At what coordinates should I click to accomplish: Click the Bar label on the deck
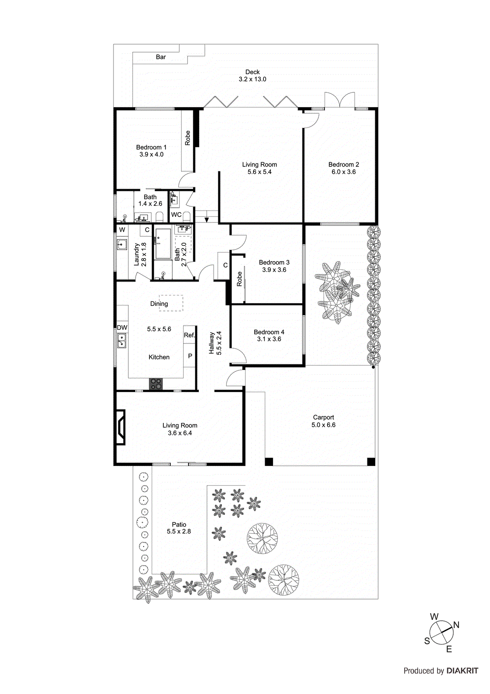point(161,57)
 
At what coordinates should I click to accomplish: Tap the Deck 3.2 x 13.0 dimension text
point(252,79)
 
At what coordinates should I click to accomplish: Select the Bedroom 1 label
point(151,147)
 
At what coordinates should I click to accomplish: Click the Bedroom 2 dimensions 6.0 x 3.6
point(344,172)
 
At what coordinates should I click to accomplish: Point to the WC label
point(176,215)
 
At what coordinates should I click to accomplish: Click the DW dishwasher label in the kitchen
point(122,327)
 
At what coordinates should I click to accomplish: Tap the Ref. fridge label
point(189,335)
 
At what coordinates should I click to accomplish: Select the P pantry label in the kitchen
point(190,356)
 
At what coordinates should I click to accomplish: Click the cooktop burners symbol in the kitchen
point(156,384)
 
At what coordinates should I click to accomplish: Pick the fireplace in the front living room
point(120,427)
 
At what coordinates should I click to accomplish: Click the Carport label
point(323,417)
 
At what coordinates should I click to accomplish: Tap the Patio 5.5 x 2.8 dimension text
point(179,531)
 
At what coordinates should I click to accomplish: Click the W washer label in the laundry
point(122,230)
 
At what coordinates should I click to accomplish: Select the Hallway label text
point(212,343)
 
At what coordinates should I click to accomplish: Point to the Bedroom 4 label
point(269,332)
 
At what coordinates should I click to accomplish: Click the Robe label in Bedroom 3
point(240,279)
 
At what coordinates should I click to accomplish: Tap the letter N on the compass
point(456,625)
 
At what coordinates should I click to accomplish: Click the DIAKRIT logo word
point(462,671)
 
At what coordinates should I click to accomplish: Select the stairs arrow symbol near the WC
point(207,220)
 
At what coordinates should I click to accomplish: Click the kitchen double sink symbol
point(122,340)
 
